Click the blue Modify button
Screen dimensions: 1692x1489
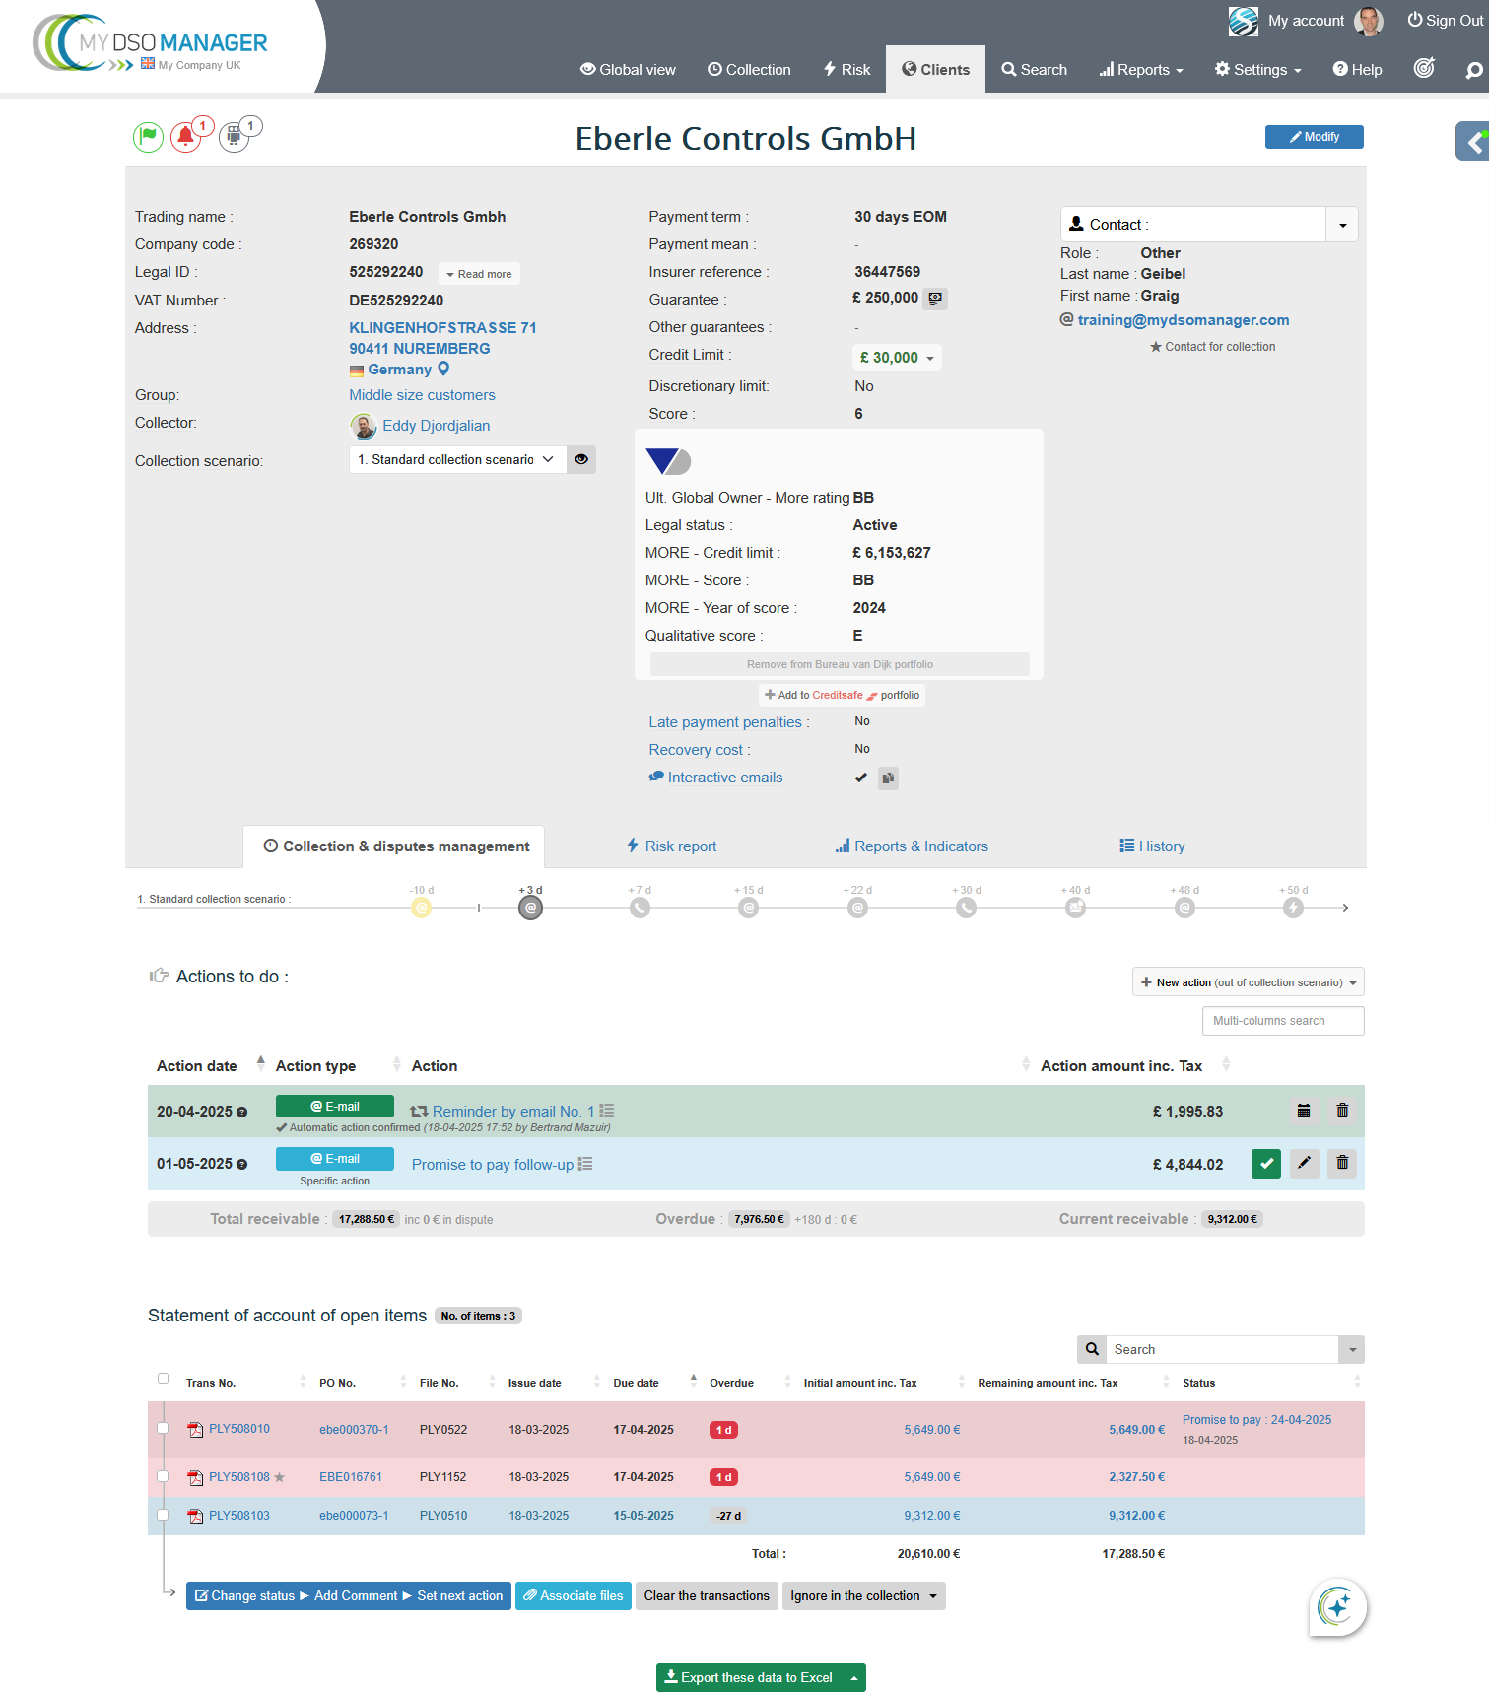coord(1314,137)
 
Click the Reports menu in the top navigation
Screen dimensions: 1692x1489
coord(1141,70)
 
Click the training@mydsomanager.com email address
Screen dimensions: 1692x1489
coord(1183,320)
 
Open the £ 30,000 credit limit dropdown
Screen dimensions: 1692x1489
coord(897,358)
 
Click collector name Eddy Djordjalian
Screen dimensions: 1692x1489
coord(436,426)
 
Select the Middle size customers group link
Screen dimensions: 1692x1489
coord(422,395)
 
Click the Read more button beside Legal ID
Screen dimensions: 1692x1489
coord(479,274)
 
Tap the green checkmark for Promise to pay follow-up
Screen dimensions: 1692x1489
coord(1266,1164)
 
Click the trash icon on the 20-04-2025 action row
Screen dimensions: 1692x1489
coord(1342,1111)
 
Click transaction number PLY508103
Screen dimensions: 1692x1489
coord(238,1516)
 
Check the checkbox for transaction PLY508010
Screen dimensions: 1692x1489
coord(164,1428)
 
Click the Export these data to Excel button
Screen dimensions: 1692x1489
coord(748,1678)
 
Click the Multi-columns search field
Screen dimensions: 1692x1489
coord(1282,1021)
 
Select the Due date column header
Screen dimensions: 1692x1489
coord(636,1383)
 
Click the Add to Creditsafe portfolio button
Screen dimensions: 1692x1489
coord(843,696)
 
